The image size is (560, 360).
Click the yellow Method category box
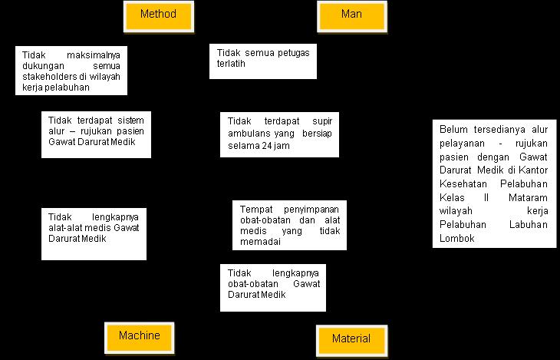coord(159,14)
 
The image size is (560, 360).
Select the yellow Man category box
coord(351,14)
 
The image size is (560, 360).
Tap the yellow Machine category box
coord(139,335)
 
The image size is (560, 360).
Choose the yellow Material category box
coord(351,339)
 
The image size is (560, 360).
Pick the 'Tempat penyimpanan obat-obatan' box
coord(289,225)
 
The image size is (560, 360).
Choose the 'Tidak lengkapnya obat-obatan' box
coord(272,288)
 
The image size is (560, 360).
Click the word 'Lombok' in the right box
coord(457,238)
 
